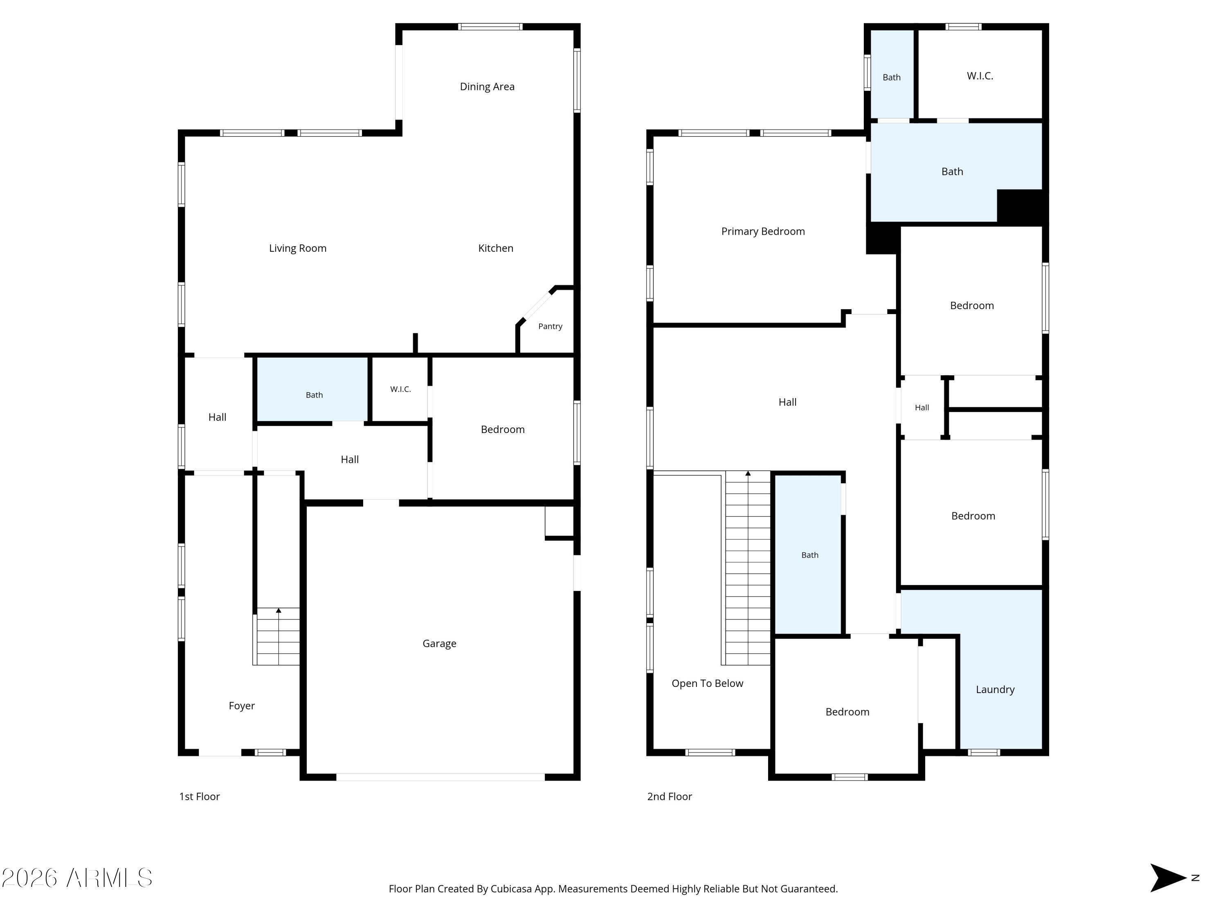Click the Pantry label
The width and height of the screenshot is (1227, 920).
click(550, 326)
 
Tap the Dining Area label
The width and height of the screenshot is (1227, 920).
click(487, 87)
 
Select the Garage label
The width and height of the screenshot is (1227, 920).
click(439, 643)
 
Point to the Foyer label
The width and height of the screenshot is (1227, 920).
click(242, 706)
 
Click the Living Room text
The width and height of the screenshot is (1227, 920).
click(298, 249)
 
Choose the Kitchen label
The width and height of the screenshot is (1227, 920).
click(496, 249)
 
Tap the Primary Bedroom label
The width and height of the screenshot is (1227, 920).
click(763, 232)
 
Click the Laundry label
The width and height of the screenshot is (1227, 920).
click(995, 689)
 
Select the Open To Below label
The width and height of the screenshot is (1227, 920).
click(707, 684)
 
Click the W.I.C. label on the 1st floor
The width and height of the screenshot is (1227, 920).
click(400, 389)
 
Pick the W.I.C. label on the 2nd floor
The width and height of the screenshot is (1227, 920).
click(980, 76)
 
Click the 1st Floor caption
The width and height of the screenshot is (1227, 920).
click(200, 797)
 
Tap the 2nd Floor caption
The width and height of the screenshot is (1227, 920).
click(670, 797)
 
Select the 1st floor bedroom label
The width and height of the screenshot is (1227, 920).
click(503, 430)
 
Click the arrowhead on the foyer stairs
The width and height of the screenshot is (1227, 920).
click(279, 610)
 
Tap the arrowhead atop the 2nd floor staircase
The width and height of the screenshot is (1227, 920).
click(748, 473)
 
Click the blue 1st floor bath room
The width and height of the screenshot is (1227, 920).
click(312, 389)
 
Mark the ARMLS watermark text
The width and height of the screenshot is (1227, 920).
click(77, 878)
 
